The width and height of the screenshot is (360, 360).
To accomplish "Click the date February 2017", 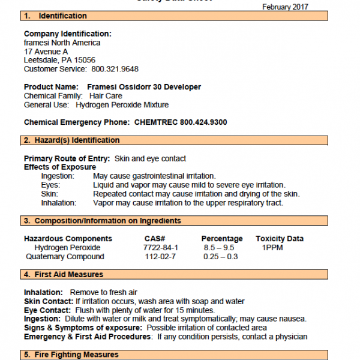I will tap(286, 7).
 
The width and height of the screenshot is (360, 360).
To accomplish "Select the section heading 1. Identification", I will tap(55, 16).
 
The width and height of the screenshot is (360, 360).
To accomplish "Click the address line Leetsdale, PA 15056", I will tap(59, 60).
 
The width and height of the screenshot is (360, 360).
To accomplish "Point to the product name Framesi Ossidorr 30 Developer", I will tap(144, 87).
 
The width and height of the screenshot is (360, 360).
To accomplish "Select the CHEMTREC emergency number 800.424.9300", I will tap(203, 122).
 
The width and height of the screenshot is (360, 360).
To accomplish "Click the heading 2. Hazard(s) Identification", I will tap(71, 140).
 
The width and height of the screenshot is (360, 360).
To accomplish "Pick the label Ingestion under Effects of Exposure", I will tap(58, 176).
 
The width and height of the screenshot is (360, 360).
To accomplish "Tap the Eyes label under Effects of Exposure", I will tap(51, 185).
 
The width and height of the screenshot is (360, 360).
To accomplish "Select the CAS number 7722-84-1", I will tap(161, 247).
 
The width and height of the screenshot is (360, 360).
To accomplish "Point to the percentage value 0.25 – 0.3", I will tap(220, 257).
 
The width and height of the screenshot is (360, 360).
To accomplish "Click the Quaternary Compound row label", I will tap(65, 257).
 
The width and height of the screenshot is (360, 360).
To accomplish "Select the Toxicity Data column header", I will tap(279, 238).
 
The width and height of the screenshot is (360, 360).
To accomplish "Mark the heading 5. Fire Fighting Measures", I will tap(71, 355).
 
